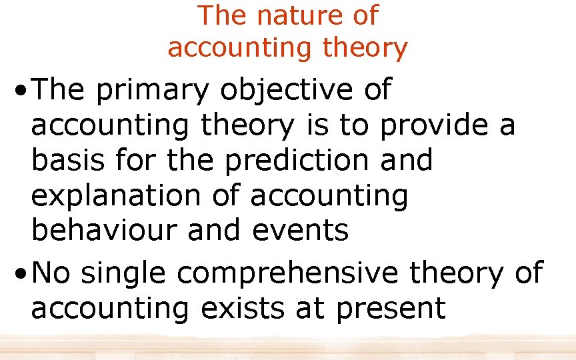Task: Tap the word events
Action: tap(301, 230)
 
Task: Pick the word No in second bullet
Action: tap(51, 273)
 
